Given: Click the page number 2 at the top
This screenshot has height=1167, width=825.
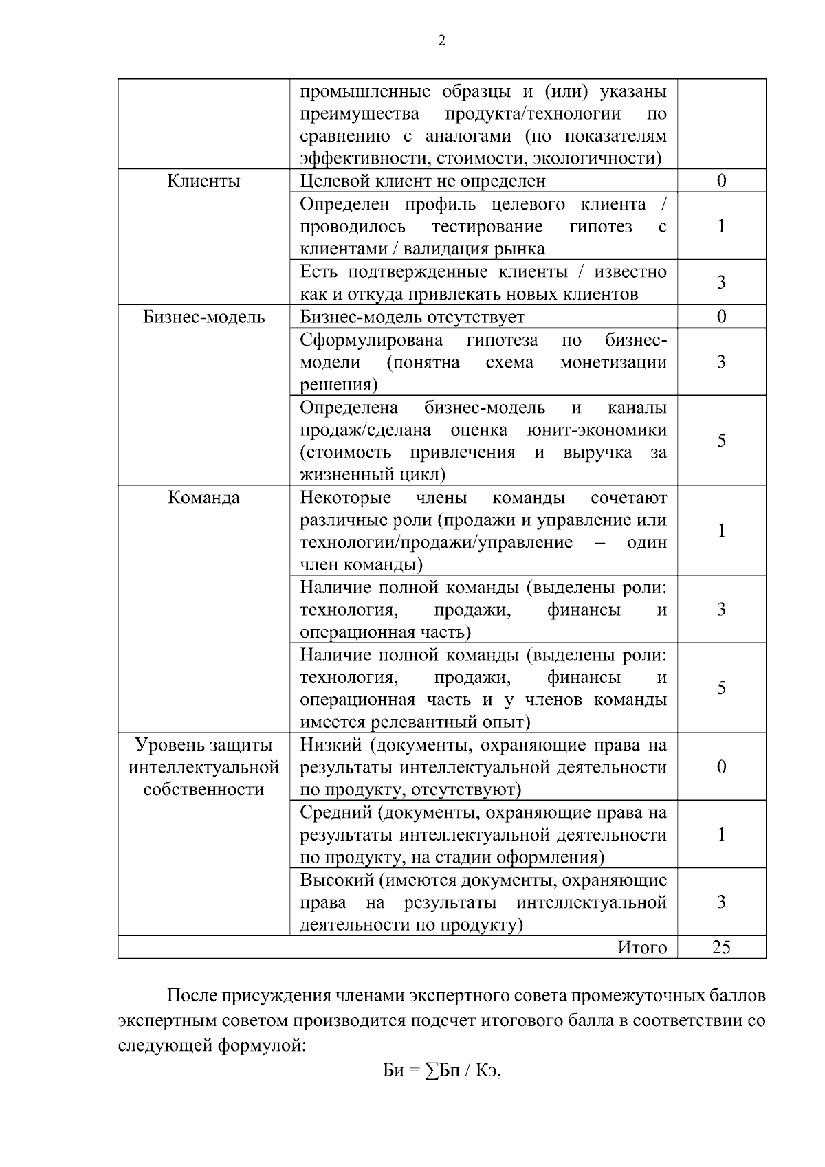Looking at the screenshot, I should click(441, 41).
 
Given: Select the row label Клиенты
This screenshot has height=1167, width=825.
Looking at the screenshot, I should click(203, 181).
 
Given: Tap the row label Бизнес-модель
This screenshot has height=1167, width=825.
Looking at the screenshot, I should click(203, 317).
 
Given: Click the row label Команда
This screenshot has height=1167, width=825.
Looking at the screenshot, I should click(203, 498).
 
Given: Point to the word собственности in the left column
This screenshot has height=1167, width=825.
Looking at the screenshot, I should click(203, 790).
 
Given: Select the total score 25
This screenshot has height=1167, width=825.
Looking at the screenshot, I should click(720, 947).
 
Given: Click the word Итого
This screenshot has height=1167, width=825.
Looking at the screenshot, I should click(642, 948).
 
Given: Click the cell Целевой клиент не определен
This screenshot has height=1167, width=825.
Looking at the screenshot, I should click(423, 181).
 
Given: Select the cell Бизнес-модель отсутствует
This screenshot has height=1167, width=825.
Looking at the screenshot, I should click(412, 317).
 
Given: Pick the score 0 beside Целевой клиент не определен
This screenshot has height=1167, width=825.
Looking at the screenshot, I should click(721, 181).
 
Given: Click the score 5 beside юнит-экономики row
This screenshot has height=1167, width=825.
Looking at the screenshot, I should click(721, 441).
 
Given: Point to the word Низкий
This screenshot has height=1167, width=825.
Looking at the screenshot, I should click(331, 745).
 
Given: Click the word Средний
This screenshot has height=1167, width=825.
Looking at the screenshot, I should click(335, 812).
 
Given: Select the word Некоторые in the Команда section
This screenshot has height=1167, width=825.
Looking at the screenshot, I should click(345, 498).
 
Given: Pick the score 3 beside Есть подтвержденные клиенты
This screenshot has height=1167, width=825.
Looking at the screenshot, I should click(721, 282).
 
